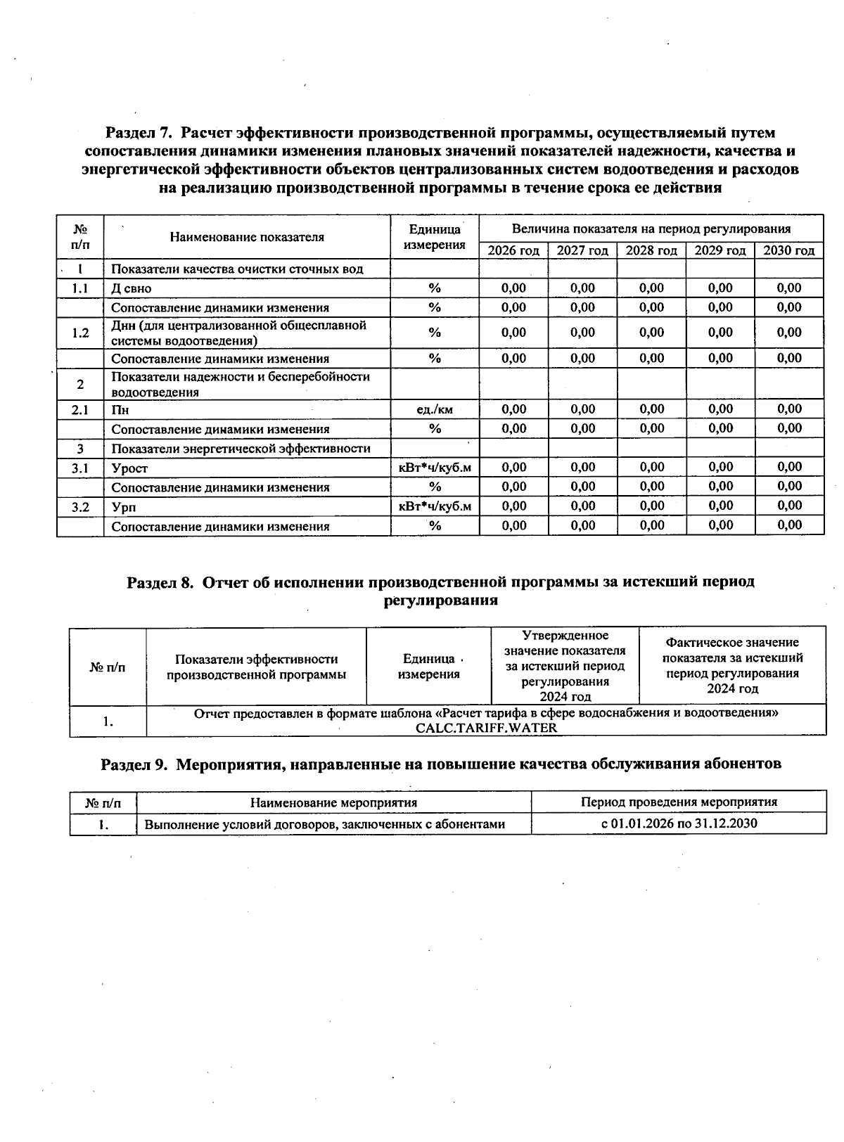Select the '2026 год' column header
[x=513, y=250]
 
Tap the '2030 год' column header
[x=788, y=250]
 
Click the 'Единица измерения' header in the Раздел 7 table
[x=435, y=237]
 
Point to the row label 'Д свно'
[x=131, y=288]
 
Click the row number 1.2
[x=80, y=333]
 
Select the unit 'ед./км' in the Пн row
[x=435, y=409]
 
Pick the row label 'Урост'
[x=129, y=468]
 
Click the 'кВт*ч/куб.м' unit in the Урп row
[x=435, y=506]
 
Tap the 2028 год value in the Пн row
[x=651, y=409]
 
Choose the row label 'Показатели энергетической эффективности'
[x=241, y=449]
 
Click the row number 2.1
[x=80, y=409]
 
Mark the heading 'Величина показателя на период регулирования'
[x=651, y=229]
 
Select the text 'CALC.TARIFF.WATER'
[x=486, y=728]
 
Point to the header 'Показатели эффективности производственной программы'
[x=256, y=667]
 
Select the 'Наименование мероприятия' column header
[x=333, y=802]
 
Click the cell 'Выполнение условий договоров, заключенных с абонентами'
[x=324, y=824]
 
